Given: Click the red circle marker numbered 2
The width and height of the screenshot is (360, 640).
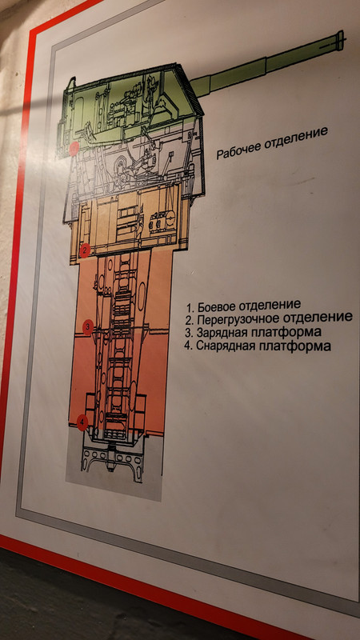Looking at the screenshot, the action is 85,250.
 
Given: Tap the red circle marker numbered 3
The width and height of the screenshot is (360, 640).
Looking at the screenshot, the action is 88,327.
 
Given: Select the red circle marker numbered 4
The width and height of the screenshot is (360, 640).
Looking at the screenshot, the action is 82,422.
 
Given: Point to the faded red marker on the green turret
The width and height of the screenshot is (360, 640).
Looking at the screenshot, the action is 74,149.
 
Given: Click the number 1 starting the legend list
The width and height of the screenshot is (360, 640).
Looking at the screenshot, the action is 189,307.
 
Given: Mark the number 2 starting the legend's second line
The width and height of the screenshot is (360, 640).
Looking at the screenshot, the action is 189,320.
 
